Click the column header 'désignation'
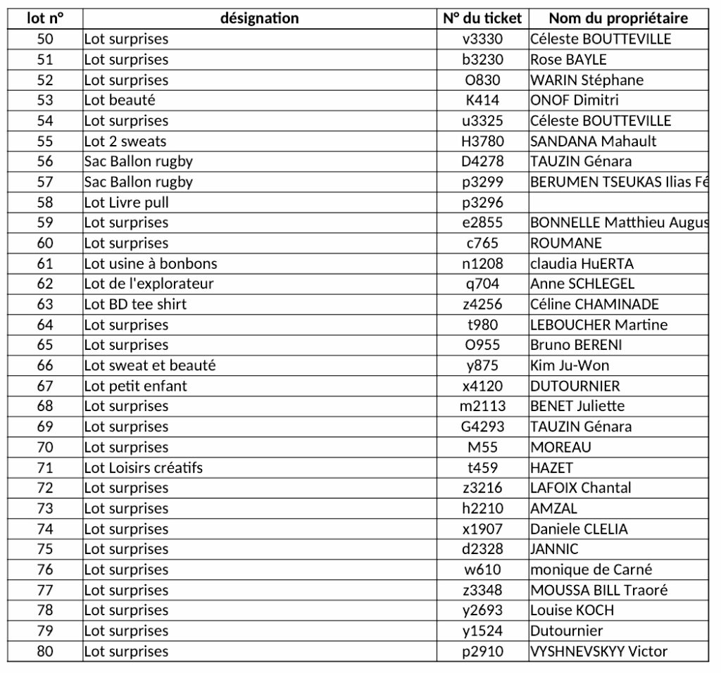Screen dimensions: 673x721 tap(259, 18)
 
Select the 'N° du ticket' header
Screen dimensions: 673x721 tap(482, 18)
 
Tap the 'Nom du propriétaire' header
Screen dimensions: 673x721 tap(618, 18)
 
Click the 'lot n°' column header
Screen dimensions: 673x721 tap(45, 18)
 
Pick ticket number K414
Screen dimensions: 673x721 tap(482, 100)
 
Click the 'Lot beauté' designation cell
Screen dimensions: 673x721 tap(120, 100)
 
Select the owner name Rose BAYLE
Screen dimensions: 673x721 tap(568, 59)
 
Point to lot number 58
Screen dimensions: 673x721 tap(45, 202)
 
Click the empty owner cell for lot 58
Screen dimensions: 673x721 tap(618, 202)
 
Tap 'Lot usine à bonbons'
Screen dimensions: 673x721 tap(151, 263)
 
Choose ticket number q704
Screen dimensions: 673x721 tap(482, 284)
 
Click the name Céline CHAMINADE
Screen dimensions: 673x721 tap(594, 304)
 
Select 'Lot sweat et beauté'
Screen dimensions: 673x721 tap(149, 365)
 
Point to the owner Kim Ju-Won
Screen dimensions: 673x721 tap(570, 365)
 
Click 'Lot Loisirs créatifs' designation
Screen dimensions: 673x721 tap(143, 467)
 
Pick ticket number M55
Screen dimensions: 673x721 tap(482, 447)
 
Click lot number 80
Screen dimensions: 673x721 tap(45, 651)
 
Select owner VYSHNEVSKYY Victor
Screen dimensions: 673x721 tap(598, 651)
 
